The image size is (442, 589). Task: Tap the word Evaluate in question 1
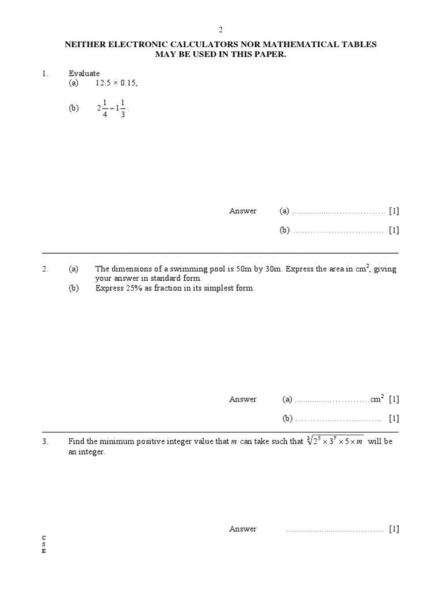pos(84,74)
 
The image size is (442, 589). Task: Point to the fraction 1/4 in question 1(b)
pos(105,108)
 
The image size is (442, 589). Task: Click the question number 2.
pos(44,269)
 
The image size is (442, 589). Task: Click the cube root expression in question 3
pos(335,441)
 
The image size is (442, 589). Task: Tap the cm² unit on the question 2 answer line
pos(378,399)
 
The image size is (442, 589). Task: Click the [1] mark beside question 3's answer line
pos(394,529)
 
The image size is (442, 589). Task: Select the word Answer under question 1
pos(243,211)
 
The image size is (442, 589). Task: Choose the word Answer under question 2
pos(243,399)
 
